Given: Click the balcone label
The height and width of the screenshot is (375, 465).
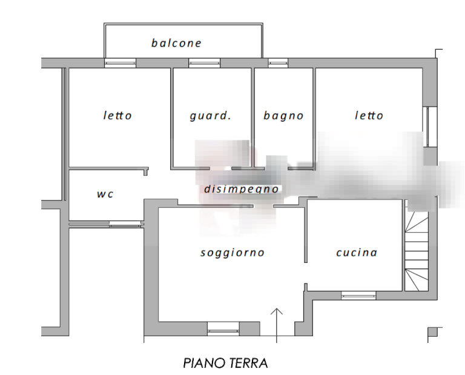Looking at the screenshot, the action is pyautogui.click(x=176, y=43).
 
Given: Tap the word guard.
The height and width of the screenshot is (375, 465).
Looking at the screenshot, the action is pyautogui.click(x=210, y=115).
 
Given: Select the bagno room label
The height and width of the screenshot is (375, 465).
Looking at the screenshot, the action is pyautogui.click(x=283, y=116).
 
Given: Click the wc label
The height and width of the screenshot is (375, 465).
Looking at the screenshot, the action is pyautogui.click(x=105, y=194).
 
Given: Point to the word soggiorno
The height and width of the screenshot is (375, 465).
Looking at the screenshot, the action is pyautogui.click(x=232, y=253).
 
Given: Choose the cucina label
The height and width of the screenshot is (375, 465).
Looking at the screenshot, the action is pyautogui.click(x=357, y=253).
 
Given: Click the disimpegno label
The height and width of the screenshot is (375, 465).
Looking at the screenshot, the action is pyautogui.click(x=242, y=189).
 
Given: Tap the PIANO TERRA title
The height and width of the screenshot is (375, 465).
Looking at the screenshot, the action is pyautogui.click(x=225, y=363).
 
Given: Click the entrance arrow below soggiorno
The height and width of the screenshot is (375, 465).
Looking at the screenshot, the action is pyautogui.click(x=276, y=325).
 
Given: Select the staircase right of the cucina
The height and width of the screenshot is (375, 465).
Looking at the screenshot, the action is pyautogui.click(x=417, y=245).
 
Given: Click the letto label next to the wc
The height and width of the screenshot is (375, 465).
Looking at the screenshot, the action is pyautogui.click(x=117, y=115).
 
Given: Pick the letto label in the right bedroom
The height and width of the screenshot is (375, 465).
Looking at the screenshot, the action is pyautogui.click(x=369, y=115).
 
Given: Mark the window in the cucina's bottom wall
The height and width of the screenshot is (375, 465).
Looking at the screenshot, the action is pyautogui.click(x=358, y=296).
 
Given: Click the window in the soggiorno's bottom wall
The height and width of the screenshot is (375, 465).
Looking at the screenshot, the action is pyautogui.click(x=223, y=329).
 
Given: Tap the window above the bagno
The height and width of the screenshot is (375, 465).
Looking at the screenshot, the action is pyautogui.click(x=278, y=63).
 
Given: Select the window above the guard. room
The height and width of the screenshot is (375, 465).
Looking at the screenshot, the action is pyautogui.click(x=204, y=63).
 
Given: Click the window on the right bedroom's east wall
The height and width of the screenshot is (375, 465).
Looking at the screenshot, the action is pyautogui.click(x=430, y=127).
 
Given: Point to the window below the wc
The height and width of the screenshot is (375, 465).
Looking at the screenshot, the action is pyautogui.click(x=125, y=224).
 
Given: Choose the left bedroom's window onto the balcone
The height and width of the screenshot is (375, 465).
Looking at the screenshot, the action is pyautogui.click(x=120, y=63).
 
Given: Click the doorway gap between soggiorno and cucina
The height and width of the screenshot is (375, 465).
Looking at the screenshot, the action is pyautogui.click(x=306, y=273).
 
